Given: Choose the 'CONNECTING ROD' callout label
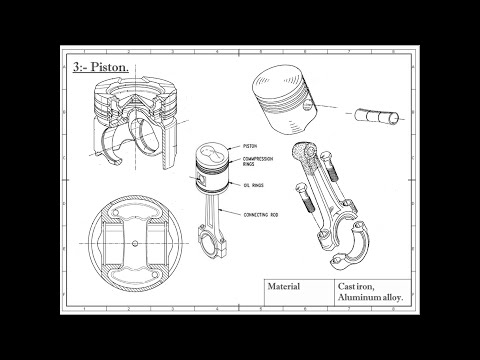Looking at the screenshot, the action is pyautogui.click(x=263, y=213).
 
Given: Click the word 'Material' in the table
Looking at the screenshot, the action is pyautogui.click(x=284, y=285).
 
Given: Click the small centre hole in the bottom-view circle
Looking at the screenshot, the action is pyautogui.click(x=136, y=244).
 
